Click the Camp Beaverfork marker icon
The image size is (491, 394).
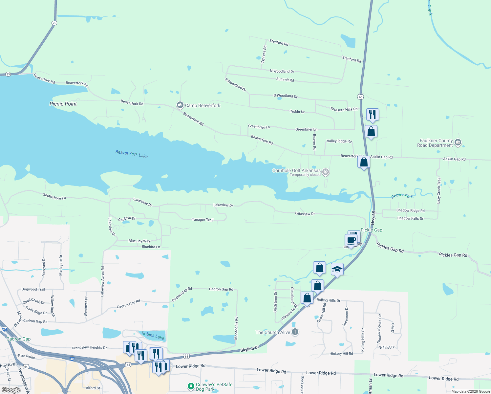pos(180,105)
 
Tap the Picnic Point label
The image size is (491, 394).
pos(63,104)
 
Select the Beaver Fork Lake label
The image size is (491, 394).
pos(131,154)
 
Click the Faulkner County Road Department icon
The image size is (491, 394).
pos(458,143)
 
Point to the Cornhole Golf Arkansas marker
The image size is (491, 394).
pos(325,172)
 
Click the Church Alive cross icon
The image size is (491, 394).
pos(295,332)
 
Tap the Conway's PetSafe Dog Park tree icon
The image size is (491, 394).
pos(191,386)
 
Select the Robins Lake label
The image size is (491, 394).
pos(153,336)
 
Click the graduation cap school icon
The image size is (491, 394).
pos(337,270)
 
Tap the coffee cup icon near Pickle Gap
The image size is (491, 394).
pos(351,240)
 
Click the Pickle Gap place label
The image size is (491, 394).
pos(371,230)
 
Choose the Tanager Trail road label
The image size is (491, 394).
pos(203,220)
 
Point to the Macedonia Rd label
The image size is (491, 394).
pos(236,328)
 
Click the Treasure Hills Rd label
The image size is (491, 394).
pos(344,109)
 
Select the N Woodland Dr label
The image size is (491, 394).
pos(282,71)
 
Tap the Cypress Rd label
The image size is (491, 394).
pos(264,55)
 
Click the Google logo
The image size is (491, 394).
pos(11,390)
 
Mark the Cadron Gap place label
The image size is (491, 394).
pos(19,339)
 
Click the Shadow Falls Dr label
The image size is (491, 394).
pos(410,218)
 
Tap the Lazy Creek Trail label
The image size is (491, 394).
pos(439,191)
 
